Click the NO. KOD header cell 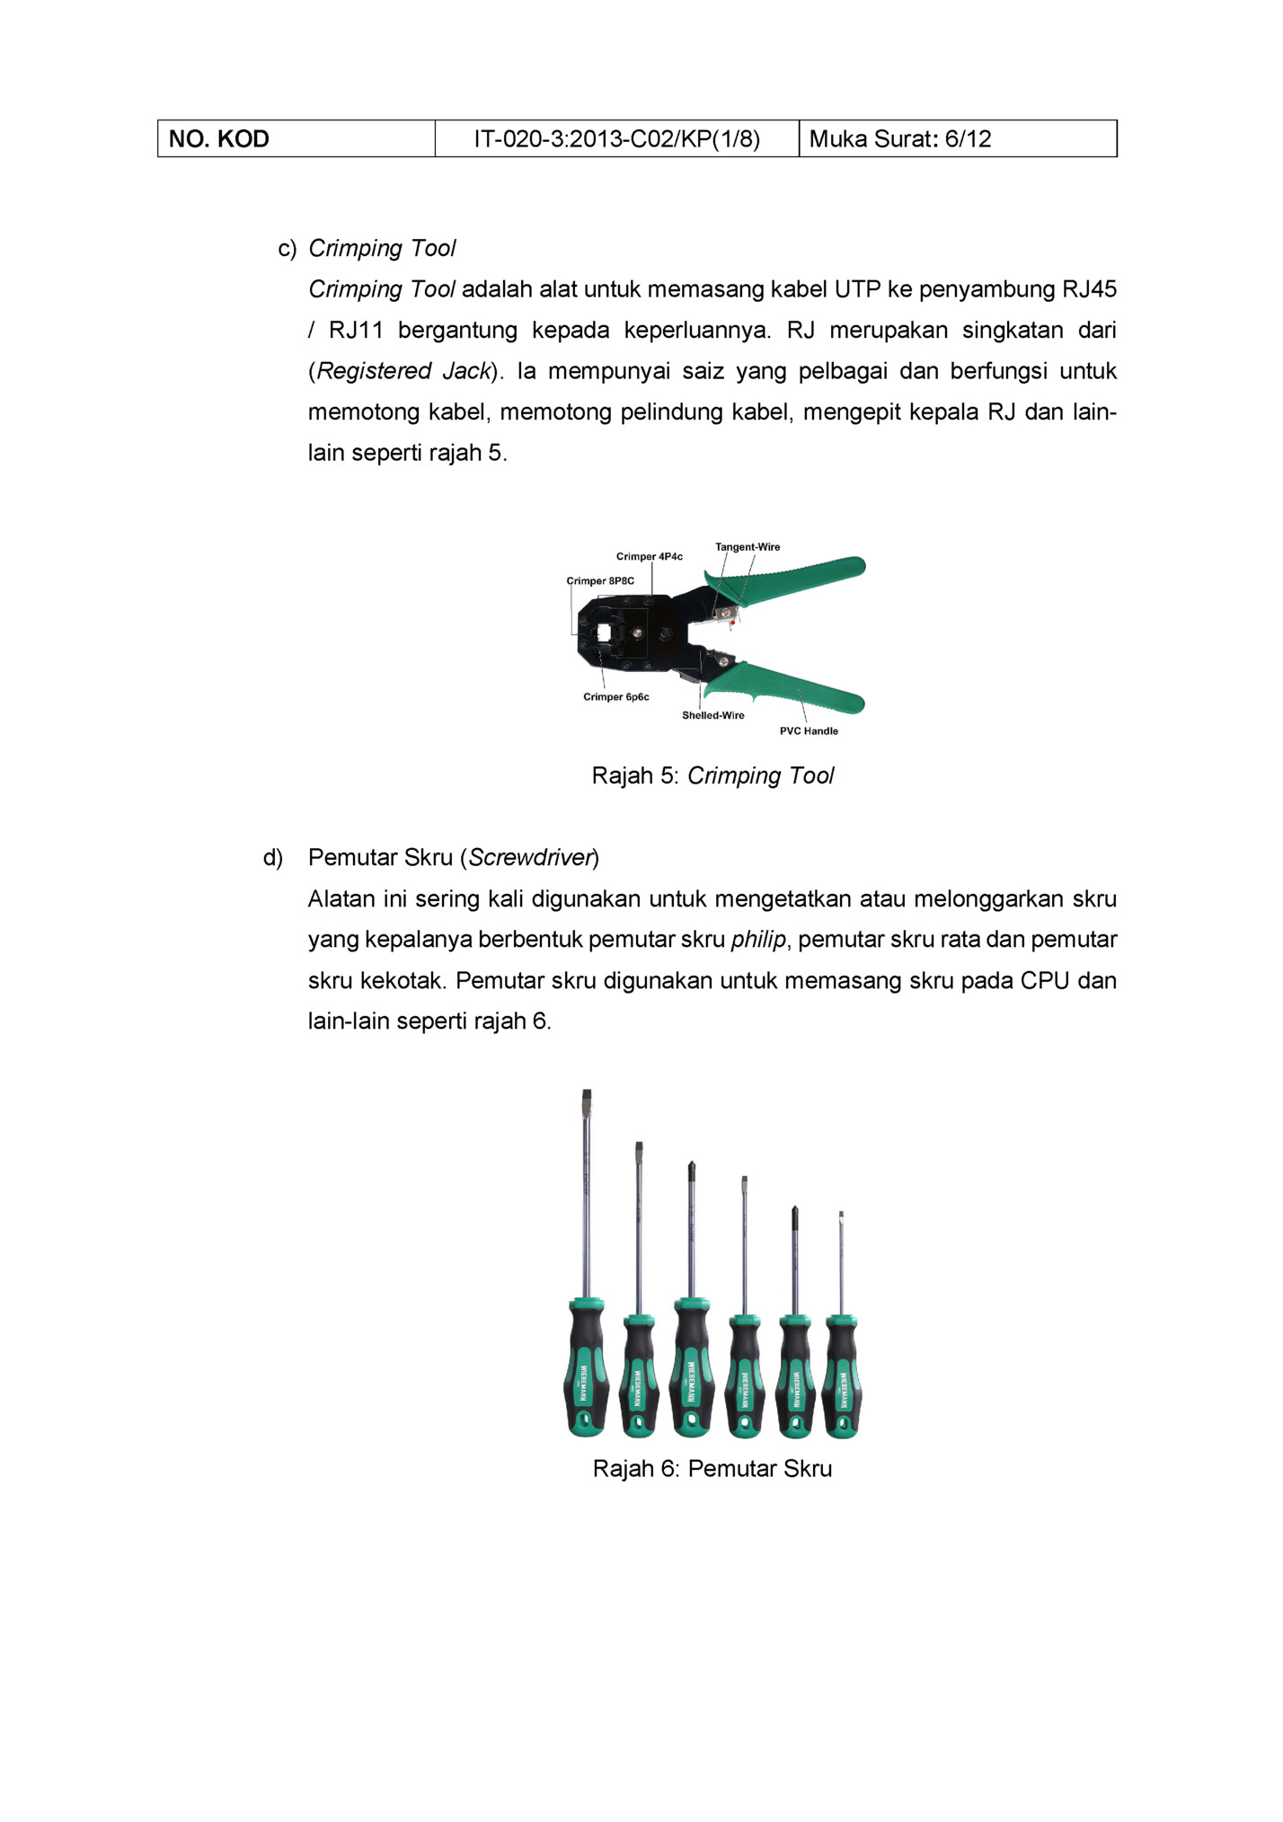click(x=219, y=139)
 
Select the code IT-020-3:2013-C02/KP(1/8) click(x=616, y=139)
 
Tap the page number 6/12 click(x=968, y=139)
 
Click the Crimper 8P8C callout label click(x=600, y=581)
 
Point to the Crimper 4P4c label click(x=649, y=557)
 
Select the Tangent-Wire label click(x=748, y=547)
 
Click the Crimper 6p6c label click(x=615, y=697)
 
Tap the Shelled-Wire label click(x=712, y=716)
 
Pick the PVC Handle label click(x=809, y=731)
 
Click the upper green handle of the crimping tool click(x=800, y=575)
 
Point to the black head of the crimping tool click(x=629, y=633)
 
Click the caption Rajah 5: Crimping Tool click(x=712, y=776)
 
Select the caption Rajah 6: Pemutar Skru click(x=712, y=1469)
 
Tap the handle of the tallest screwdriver click(x=586, y=1370)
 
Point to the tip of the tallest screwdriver click(x=587, y=1094)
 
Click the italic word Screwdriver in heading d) click(x=532, y=858)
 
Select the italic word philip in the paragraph click(x=758, y=940)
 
